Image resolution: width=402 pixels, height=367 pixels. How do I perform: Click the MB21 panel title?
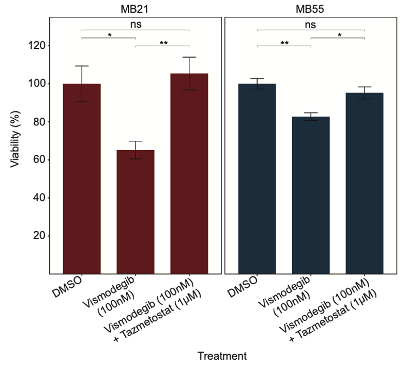pos(136,8)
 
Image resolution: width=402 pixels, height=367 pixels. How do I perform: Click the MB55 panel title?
pos(311,8)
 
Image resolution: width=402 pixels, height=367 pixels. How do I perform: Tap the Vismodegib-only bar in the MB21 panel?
pos(136,211)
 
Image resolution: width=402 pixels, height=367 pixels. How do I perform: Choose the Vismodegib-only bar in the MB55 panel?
pos(311,195)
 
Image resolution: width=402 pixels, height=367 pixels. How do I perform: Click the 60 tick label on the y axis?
pos(37,160)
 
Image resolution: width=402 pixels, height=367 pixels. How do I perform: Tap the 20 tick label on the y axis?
pos(37,236)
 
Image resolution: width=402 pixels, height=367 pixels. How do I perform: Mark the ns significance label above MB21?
pos(136,24)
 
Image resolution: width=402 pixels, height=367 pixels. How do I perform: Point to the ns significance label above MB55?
pos(311,24)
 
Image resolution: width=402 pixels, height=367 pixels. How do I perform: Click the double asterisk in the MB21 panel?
pos(163,43)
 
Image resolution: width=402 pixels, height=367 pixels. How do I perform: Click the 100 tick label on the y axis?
pos(34,84)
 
